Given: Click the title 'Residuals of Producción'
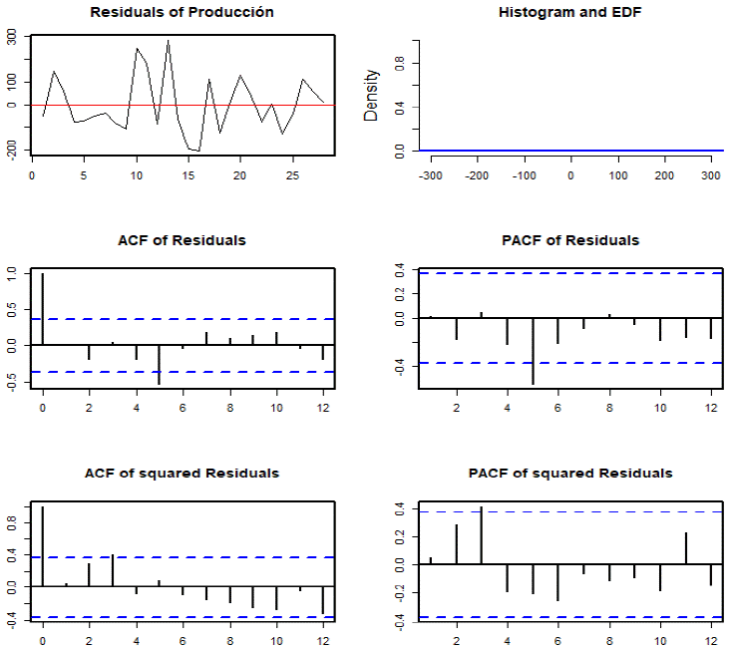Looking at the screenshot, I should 182,13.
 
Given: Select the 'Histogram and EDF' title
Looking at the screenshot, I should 570,13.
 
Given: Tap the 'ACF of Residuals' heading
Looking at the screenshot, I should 182,240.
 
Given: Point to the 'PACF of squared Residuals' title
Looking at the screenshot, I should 570,473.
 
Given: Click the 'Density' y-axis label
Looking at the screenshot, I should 372,96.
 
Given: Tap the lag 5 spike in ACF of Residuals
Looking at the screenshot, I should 160,364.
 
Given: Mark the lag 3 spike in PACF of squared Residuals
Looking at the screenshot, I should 482,536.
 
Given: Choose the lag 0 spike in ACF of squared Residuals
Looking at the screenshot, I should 42,546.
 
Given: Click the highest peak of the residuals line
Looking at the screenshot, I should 169,41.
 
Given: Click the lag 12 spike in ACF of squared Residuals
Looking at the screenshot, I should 323,600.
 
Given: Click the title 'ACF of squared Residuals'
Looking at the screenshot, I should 182,473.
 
